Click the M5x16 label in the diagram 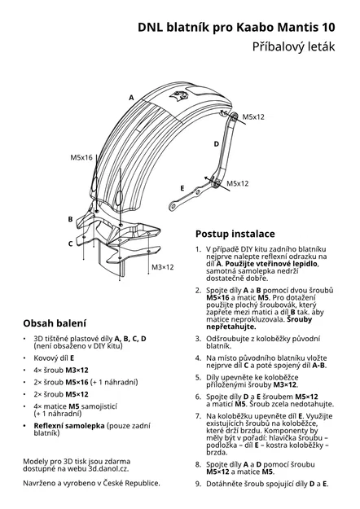point(81,156)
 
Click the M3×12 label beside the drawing point(163,267)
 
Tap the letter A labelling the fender point(131,97)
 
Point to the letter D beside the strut point(217,143)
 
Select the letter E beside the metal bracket point(182,187)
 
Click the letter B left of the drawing point(70,219)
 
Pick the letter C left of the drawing point(70,243)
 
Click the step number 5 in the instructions point(198,377)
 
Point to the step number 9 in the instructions point(198,484)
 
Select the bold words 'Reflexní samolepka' point(71,425)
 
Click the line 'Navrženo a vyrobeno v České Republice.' point(91,483)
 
